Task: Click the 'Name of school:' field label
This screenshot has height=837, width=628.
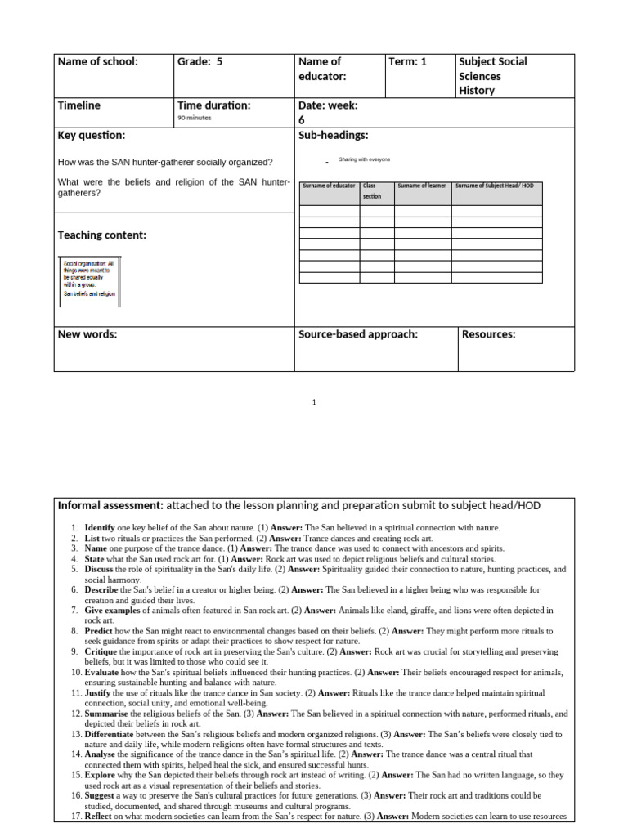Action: click(97, 61)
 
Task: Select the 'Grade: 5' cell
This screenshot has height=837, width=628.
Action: click(200, 61)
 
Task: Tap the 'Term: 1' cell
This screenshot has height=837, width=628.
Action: click(408, 61)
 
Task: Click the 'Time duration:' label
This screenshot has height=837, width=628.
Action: click(213, 105)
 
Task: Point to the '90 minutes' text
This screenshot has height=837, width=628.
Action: click(195, 119)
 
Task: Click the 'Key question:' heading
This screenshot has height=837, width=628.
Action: click(91, 135)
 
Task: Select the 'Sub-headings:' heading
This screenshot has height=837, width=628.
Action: click(334, 135)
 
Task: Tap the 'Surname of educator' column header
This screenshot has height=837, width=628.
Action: click(329, 186)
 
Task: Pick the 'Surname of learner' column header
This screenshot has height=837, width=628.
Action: click(422, 186)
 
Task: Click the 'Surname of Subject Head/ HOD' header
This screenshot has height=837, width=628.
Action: click(494, 186)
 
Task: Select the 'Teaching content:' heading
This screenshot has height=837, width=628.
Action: click(101, 235)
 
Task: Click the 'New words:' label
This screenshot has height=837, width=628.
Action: click(87, 334)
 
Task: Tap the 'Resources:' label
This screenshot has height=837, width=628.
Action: click(489, 334)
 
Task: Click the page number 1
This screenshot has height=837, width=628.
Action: click(314, 402)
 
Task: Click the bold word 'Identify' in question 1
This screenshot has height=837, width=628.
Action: click(100, 528)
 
